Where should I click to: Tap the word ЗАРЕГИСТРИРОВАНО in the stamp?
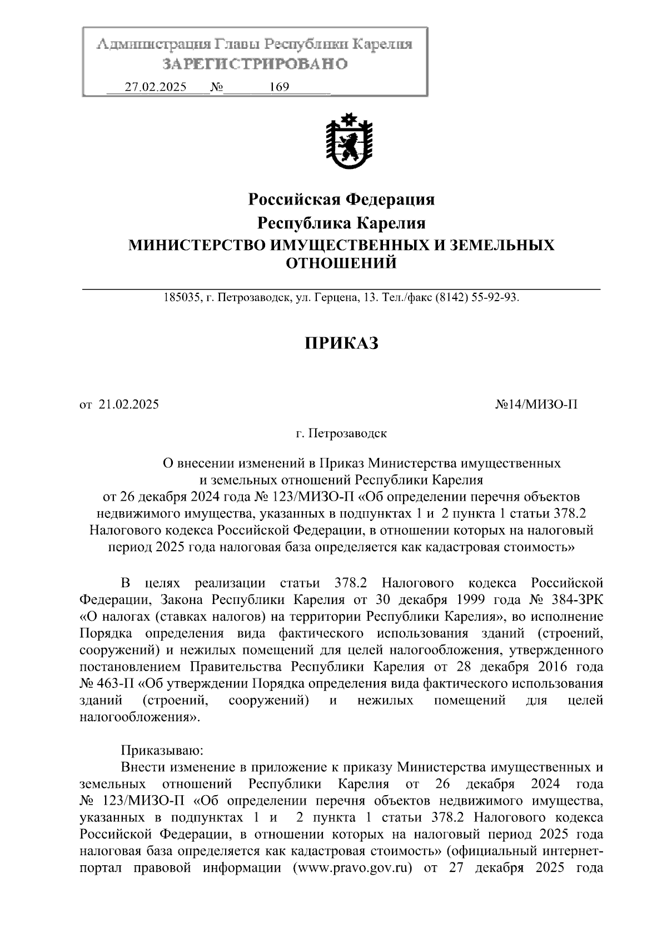[255, 64]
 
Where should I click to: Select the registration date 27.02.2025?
[156, 87]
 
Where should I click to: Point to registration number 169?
[279, 87]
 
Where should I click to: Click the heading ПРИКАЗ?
[341, 344]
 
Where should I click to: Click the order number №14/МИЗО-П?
[536, 405]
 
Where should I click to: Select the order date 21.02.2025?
[128, 405]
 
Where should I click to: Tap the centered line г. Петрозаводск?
[341, 433]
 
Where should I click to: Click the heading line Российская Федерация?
[341, 199]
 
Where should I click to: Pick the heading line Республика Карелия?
[341, 223]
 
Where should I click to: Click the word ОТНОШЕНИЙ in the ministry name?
[341, 263]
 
